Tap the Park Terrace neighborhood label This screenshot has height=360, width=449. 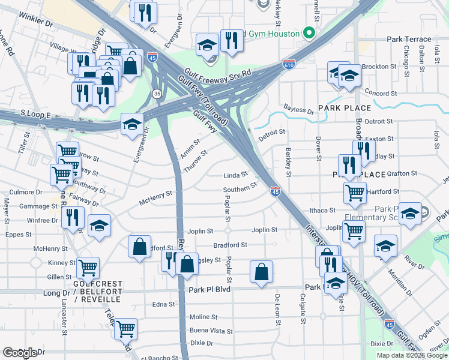409,39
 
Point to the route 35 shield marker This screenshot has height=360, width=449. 157,94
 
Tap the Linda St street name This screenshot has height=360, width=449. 235,175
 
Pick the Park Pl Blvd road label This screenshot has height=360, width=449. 209,289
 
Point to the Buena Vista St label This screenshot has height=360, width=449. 211,331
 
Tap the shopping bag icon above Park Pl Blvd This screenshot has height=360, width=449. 262,272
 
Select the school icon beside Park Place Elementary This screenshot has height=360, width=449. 410,214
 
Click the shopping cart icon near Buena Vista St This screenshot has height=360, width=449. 125,329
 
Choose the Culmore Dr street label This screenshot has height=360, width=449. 22,193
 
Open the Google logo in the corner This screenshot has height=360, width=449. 20,353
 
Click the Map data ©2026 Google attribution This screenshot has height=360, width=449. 411,355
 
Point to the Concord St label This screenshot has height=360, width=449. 378,93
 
